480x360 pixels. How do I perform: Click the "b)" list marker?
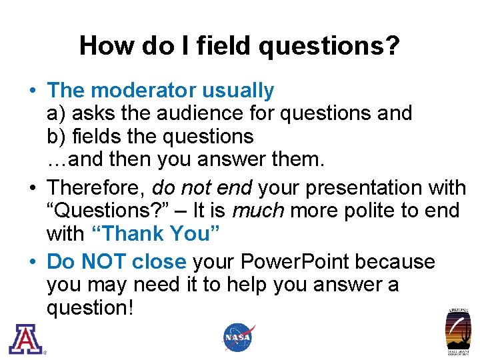[x=56, y=137]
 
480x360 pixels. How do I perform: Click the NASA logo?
[x=238, y=337]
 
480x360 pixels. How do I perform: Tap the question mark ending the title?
[x=392, y=45]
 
